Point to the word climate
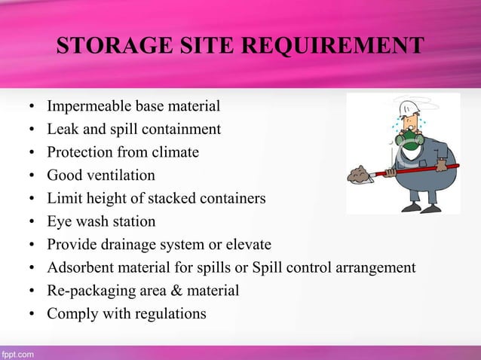click(174, 152)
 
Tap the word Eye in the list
click(60, 221)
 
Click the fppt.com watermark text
click(17, 352)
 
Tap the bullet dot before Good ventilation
click(32, 176)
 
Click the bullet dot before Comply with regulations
click(32, 314)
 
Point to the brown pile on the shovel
click(360, 174)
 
